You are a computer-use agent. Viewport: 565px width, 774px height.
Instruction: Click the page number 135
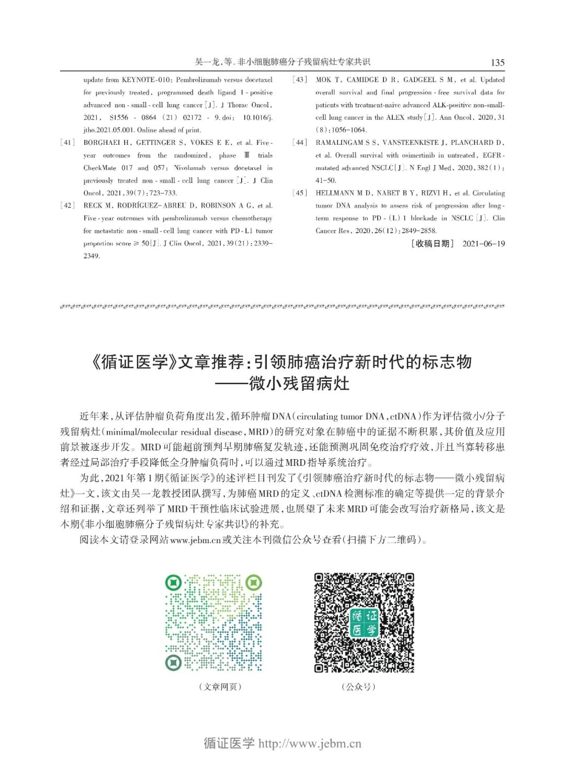(x=497, y=62)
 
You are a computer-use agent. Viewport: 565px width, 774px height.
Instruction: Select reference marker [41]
(x=68, y=142)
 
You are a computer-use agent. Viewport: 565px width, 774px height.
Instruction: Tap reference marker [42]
(x=68, y=206)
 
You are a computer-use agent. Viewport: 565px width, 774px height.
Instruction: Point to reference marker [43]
(x=300, y=79)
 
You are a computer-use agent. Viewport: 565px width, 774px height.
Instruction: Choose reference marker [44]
(x=300, y=142)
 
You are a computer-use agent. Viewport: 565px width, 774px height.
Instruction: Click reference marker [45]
(x=300, y=193)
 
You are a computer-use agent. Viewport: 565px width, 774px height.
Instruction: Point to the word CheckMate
(x=100, y=168)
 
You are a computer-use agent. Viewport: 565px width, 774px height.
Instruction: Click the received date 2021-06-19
(x=483, y=244)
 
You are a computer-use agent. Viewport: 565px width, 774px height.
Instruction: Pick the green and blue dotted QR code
(x=213, y=622)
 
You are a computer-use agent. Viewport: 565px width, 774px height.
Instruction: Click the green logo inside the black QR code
(x=364, y=622)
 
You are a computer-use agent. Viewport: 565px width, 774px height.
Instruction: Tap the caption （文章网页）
(x=220, y=687)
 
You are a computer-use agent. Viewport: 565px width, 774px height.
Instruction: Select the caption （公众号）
(x=358, y=687)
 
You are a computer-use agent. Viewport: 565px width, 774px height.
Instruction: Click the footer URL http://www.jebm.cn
(x=310, y=744)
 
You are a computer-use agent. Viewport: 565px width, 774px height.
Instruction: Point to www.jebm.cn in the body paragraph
(x=195, y=540)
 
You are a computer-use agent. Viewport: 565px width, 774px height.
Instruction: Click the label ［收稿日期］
(x=433, y=244)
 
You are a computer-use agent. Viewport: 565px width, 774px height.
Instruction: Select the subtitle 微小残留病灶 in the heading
(x=299, y=383)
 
